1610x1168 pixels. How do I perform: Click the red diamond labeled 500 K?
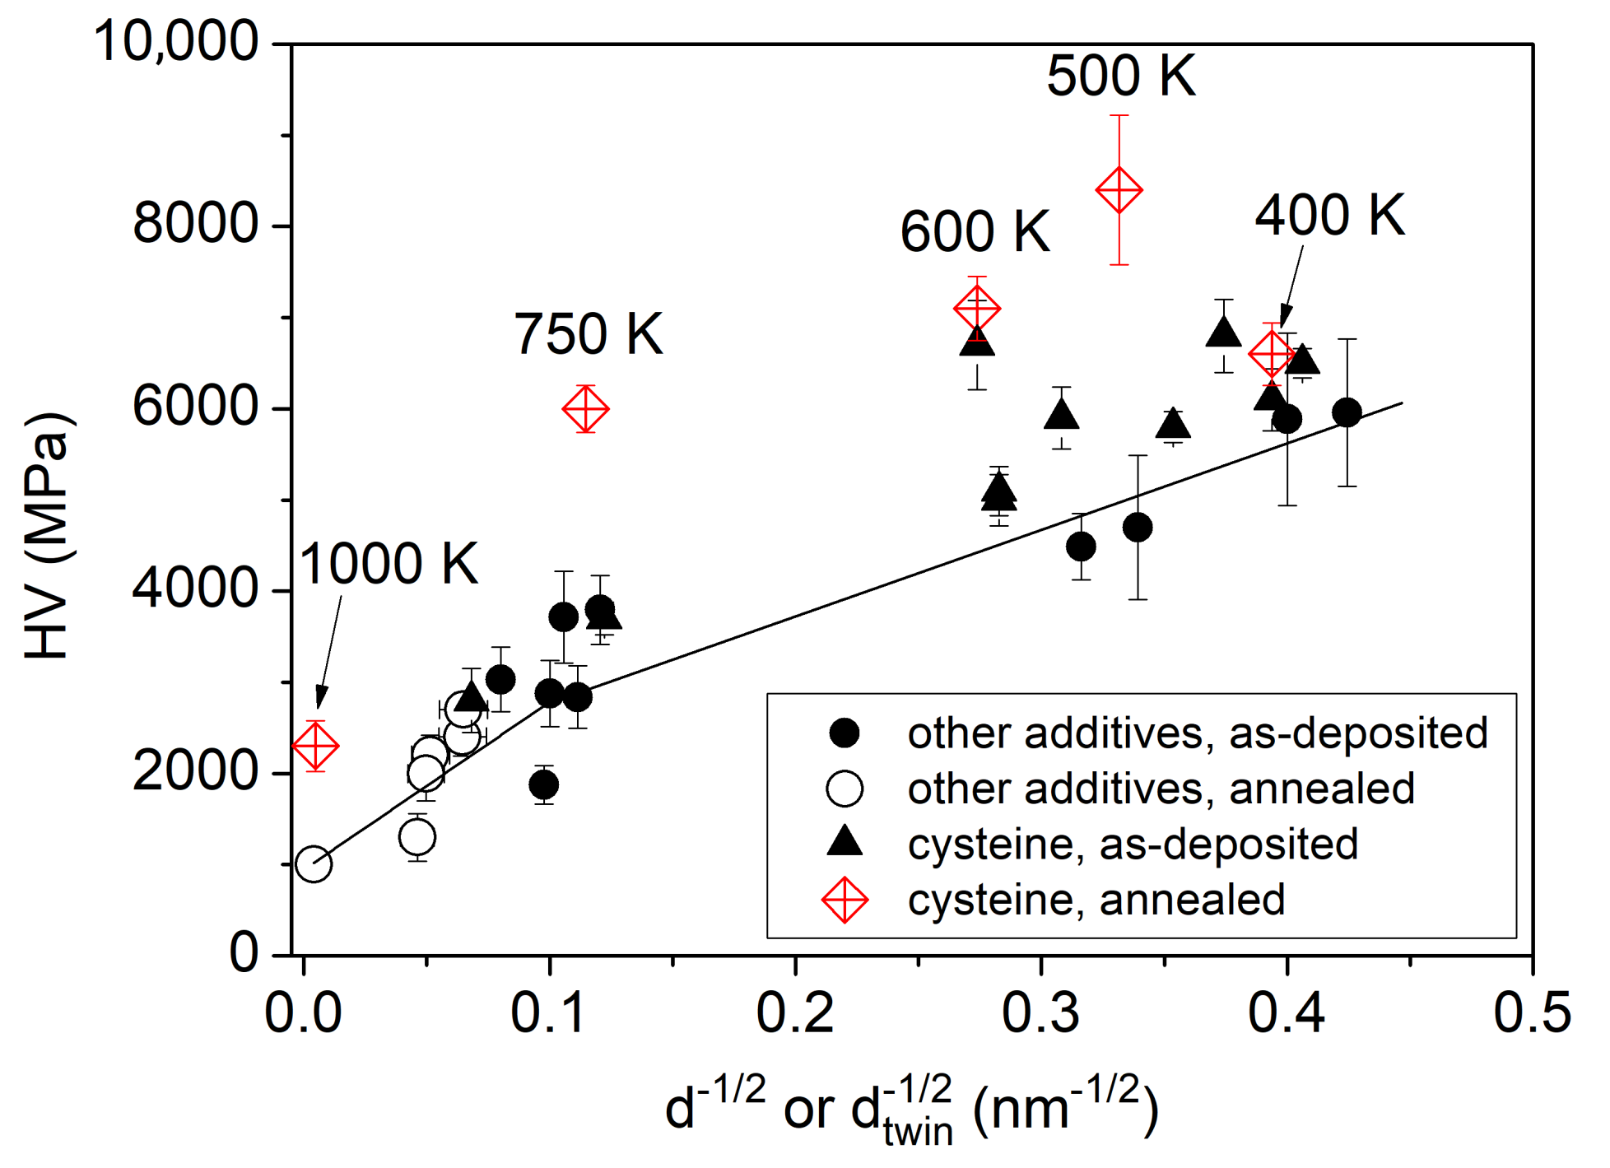1119,190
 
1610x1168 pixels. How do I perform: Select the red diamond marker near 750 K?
585,408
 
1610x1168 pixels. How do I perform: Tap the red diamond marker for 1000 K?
315,746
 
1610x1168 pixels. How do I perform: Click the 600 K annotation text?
975,232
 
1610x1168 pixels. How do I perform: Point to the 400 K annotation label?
1328,216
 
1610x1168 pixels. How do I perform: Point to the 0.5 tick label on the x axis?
1532,1013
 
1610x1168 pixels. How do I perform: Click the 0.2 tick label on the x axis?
795,1013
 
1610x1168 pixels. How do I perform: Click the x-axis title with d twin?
911,1110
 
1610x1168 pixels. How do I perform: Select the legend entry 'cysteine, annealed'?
1096,900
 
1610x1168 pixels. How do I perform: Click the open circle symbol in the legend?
845,789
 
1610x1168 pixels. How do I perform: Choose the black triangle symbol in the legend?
845,843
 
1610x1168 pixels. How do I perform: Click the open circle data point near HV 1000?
314,863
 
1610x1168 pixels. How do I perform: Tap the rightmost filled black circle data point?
1347,412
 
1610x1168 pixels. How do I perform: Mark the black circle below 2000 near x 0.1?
543,784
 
